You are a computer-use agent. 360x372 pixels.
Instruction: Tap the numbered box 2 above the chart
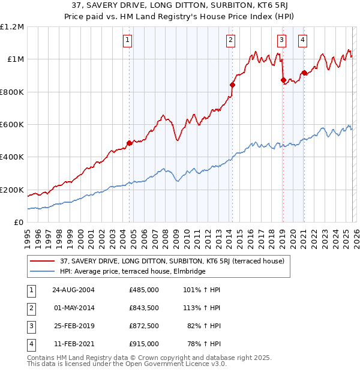tap(231, 40)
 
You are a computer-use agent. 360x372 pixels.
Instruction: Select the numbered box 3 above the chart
tap(282, 40)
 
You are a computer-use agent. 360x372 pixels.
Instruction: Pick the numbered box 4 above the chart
tap(303, 40)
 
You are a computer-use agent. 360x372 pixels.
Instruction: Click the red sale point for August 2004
tap(129, 143)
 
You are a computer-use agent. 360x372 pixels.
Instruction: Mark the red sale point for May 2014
tap(232, 85)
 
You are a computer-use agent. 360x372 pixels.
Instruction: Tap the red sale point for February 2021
tap(304, 73)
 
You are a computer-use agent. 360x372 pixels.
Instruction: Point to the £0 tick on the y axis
tap(18, 223)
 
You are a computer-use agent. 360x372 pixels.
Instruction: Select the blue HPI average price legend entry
tap(132, 271)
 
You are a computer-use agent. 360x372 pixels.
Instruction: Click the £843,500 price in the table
tap(144, 308)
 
